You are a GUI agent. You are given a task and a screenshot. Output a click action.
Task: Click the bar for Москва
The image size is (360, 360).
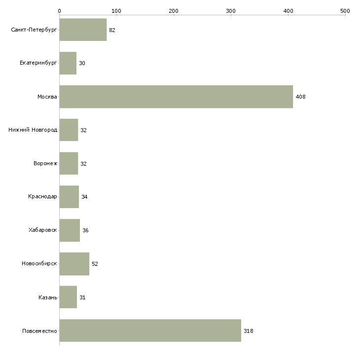coord(176,97)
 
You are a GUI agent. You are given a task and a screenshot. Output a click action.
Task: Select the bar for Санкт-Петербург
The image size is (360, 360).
coord(83,30)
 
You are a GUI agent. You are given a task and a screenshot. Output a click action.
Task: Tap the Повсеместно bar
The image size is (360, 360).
coord(150,330)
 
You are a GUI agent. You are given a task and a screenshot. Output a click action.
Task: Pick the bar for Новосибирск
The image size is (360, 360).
coord(74,264)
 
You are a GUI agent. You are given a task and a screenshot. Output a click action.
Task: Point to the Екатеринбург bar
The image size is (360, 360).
coord(68,63)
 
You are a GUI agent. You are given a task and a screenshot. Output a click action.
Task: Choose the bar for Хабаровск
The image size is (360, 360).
coord(70,230)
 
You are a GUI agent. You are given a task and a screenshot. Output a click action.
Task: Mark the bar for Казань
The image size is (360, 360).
coord(68,297)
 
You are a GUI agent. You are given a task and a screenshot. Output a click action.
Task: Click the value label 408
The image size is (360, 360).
coord(300,97)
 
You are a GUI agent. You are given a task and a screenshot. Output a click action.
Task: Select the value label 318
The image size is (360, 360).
coord(248,331)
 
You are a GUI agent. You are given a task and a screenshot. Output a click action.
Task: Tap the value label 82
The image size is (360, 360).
coord(112,30)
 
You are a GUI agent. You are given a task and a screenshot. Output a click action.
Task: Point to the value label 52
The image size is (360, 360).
coord(95,264)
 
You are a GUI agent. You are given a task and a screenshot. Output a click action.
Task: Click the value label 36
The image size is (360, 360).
coord(85,230)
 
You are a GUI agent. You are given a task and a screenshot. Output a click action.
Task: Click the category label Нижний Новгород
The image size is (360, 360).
coord(33,130)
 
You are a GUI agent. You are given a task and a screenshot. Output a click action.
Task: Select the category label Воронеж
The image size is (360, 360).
coord(45,163)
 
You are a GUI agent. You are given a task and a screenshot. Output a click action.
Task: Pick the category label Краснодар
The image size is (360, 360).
coord(42,197)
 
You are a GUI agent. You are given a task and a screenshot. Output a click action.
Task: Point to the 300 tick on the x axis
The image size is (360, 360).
coord(231,10)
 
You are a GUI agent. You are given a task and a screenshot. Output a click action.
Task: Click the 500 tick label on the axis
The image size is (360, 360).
coord(345,10)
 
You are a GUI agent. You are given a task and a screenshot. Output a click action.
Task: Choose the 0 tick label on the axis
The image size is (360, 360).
coord(59,10)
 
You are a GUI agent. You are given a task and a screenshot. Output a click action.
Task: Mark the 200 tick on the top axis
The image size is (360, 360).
coord(174,10)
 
